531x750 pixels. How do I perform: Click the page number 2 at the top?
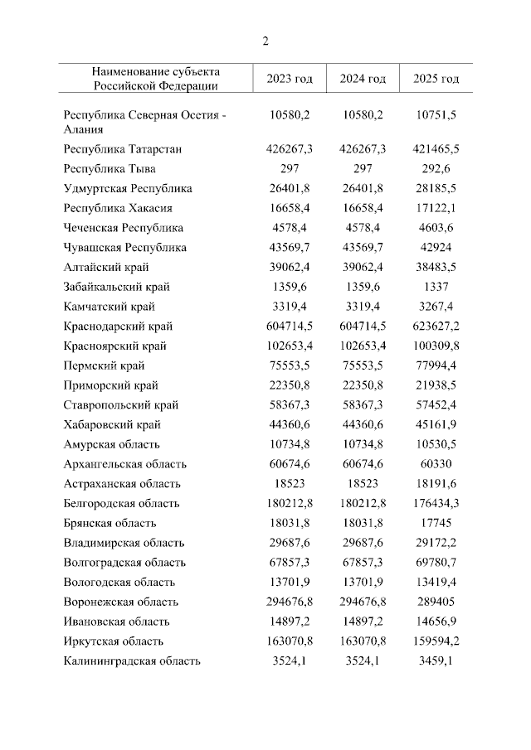[x=265, y=41]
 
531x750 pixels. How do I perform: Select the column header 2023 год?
[x=290, y=79]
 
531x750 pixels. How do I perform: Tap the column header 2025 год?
[x=436, y=79]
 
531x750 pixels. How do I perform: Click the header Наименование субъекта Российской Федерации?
[x=156, y=78]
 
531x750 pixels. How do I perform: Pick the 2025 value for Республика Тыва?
[x=436, y=169]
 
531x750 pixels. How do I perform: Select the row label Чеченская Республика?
[x=123, y=228]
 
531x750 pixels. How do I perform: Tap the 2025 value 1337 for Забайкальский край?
[x=436, y=287]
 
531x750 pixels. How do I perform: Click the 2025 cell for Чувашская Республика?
[x=436, y=248]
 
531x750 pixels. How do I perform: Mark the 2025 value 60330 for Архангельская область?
[x=436, y=464]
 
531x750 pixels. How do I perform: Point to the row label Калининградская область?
[x=132, y=660]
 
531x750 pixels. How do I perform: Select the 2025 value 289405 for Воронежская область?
[x=436, y=602]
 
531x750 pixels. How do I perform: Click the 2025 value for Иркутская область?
[x=436, y=641]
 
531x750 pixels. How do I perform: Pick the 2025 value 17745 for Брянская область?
[x=436, y=523]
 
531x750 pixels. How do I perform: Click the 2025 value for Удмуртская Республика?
[x=436, y=189]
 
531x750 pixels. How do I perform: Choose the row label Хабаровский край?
[x=112, y=425]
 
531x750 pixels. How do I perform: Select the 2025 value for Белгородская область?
[x=436, y=503]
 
